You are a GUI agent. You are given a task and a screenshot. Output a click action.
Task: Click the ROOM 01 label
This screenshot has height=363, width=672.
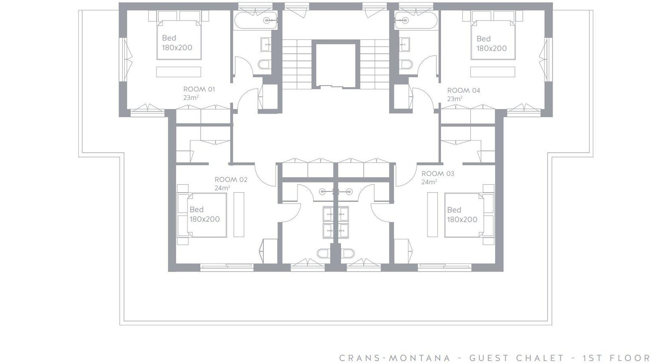(x=199, y=89)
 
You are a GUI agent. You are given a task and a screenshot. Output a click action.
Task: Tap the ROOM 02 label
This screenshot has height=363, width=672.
(x=231, y=180)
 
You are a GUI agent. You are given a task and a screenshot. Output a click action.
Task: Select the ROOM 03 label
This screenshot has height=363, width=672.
(x=438, y=174)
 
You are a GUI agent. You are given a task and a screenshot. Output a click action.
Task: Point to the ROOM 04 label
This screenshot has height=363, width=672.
(x=464, y=90)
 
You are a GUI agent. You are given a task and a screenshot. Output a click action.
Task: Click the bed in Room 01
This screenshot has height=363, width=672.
(x=179, y=39)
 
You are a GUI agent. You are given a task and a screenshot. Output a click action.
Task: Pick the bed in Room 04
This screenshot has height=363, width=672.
(x=493, y=39)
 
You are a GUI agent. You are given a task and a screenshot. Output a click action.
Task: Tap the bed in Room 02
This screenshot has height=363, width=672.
(x=207, y=215)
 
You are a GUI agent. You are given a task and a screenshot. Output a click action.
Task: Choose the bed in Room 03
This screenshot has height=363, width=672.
(x=464, y=215)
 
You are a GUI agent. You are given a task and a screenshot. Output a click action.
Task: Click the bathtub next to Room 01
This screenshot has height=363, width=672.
(x=255, y=21)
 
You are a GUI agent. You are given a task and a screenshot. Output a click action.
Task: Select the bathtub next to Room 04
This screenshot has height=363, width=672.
(x=416, y=21)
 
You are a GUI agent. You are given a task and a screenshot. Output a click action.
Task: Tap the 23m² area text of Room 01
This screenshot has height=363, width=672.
(x=191, y=98)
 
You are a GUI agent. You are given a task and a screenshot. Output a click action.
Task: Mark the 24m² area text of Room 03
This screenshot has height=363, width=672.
(x=429, y=182)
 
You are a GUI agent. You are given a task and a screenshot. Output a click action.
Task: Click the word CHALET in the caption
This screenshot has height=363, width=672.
(x=540, y=358)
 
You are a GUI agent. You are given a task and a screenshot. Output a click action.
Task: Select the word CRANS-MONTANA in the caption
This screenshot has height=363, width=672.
(x=395, y=358)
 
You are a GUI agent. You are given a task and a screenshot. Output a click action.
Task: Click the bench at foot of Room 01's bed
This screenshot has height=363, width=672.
(x=178, y=72)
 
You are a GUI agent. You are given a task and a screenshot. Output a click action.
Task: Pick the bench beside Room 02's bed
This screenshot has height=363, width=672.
(x=239, y=214)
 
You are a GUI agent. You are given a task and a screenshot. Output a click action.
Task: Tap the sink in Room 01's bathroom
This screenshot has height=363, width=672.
(x=266, y=44)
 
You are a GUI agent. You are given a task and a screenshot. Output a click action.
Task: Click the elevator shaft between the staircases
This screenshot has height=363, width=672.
(x=336, y=65)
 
